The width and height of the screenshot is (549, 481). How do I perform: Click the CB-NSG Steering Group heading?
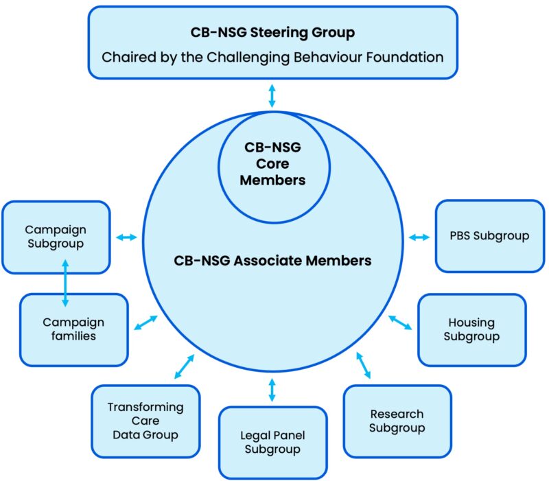click(272, 32)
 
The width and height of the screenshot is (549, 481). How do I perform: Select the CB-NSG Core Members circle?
click(272, 165)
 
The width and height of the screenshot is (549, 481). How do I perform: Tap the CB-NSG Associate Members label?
click(272, 261)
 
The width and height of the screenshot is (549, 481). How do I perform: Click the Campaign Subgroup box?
click(56, 237)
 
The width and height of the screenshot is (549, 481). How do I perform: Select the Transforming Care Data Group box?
click(145, 421)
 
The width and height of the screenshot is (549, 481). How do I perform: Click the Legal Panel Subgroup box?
click(272, 443)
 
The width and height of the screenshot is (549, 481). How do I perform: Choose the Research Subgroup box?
click(397, 421)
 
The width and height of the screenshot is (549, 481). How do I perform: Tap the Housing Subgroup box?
click(471, 329)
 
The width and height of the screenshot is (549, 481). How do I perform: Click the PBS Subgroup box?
click(489, 236)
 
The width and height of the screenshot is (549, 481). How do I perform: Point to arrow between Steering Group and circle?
click(272, 95)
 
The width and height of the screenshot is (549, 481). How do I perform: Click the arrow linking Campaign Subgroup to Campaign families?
click(65, 281)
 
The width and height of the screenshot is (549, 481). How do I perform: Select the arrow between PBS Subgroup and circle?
click(419, 237)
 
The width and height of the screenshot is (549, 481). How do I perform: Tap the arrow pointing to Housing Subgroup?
click(401, 322)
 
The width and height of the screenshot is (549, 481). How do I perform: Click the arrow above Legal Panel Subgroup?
click(272, 389)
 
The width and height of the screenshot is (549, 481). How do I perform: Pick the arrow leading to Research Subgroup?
click(364, 365)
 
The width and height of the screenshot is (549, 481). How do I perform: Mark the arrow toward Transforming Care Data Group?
click(184, 366)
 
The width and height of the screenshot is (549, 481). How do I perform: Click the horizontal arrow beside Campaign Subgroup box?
click(126, 237)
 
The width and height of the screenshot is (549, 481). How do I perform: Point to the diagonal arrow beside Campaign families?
click(145, 322)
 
